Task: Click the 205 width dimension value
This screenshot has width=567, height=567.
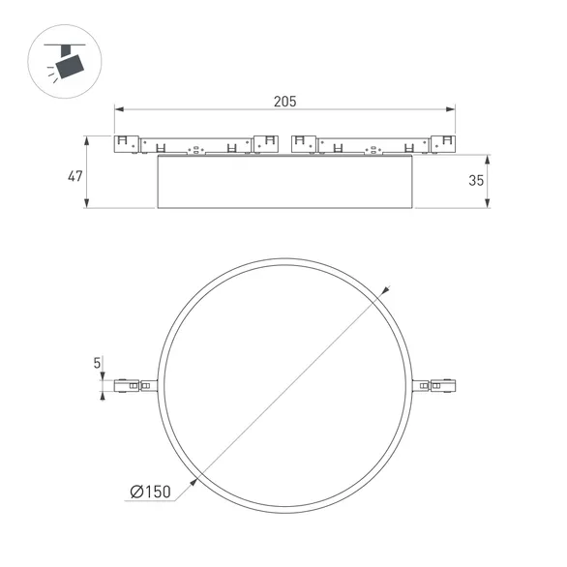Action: tap(284, 101)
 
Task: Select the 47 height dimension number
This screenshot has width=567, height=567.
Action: tap(74, 176)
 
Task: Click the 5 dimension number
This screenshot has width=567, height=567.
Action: tap(97, 364)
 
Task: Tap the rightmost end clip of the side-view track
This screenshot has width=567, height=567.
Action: tap(444, 143)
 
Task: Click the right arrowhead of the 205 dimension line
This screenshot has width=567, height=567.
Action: tap(452, 109)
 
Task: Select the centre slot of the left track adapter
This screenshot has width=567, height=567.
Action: tap(196, 150)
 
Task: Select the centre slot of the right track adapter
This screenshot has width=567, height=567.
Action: tap(373, 150)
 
